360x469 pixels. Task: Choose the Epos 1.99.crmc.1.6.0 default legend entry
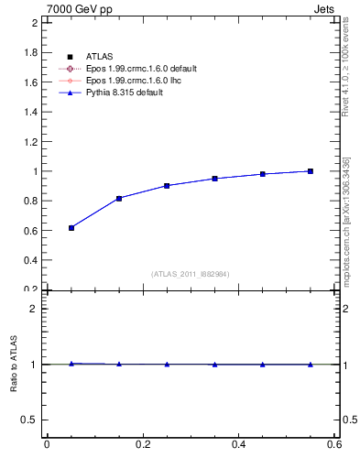click(142, 69)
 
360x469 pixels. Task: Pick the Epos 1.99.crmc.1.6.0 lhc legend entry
click(135, 81)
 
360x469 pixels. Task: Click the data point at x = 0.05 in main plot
click(71, 228)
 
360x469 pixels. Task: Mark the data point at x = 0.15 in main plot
click(119, 199)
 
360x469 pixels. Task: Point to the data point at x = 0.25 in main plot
click(167, 186)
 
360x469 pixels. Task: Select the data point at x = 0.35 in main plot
click(214, 179)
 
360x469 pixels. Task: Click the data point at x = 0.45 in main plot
click(263, 174)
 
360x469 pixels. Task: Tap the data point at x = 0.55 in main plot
click(311, 171)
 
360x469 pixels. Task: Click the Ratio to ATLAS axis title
click(14, 364)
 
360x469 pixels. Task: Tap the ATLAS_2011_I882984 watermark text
click(190, 274)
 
